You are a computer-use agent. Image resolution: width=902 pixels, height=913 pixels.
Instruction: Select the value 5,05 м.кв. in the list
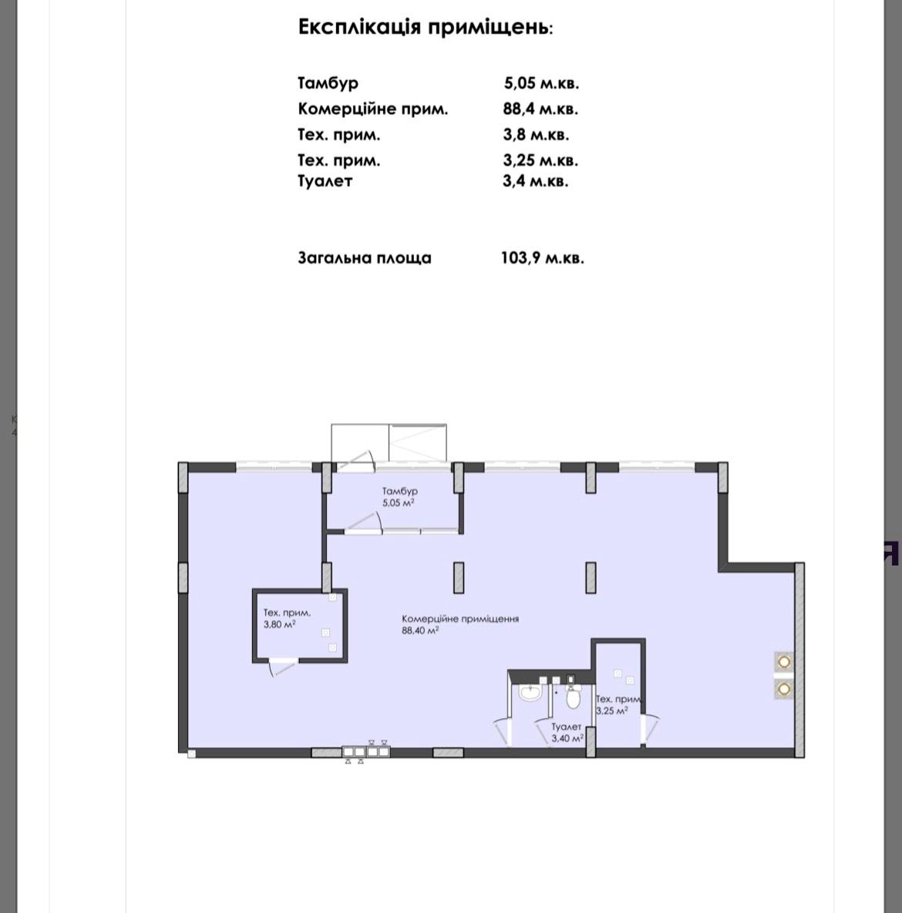[541, 83]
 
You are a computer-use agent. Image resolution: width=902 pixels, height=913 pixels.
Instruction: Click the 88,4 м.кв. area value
[540, 109]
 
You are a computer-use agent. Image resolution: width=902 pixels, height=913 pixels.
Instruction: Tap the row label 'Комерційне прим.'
[373, 109]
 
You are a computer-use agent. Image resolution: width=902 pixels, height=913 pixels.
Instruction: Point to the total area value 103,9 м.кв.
[542, 258]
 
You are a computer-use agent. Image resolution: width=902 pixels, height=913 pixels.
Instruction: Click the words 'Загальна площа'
[365, 258]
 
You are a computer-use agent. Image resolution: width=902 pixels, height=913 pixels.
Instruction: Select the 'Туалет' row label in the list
[325, 181]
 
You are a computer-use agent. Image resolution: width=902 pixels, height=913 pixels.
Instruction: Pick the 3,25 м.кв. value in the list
[540, 160]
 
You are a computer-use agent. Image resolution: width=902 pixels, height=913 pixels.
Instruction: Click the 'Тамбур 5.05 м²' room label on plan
[399, 497]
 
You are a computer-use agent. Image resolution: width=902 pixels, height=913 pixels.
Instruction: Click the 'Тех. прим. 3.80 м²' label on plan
[287, 619]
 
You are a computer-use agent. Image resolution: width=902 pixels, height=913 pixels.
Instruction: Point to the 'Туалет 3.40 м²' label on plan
[567, 733]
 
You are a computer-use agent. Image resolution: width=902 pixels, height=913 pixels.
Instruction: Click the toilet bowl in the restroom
[574, 697]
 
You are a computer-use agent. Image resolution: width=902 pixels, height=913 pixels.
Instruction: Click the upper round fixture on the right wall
[784, 662]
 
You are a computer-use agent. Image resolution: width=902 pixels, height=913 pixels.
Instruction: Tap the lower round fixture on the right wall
[784, 689]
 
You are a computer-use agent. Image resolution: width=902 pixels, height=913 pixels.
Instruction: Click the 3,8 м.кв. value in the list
[536, 135]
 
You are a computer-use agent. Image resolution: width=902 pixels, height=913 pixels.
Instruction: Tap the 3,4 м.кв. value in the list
[536, 181]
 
